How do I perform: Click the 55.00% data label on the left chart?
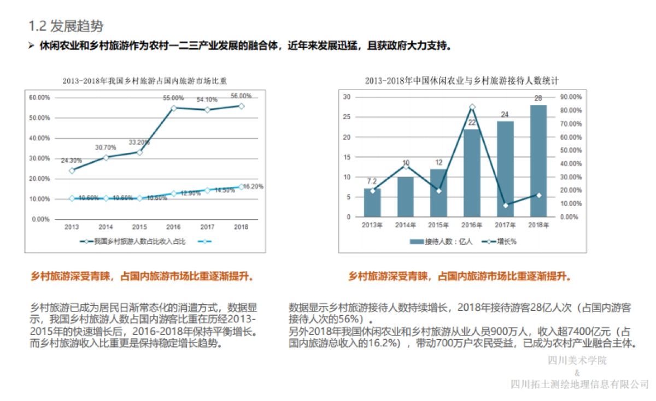tap(173, 98)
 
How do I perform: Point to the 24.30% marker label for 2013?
tap(72, 161)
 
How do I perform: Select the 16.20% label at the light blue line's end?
tap(253, 186)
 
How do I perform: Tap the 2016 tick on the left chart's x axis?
tap(173, 227)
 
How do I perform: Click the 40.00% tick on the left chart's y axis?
tap(39, 138)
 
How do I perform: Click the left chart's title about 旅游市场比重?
tap(145, 81)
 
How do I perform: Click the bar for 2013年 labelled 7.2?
tap(372, 203)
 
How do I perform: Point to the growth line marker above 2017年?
tap(505, 205)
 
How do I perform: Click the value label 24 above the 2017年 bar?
tap(505, 115)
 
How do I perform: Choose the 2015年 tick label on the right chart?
tap(438, 225)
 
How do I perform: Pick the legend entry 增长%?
tap(500, 241)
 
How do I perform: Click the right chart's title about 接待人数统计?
tap(461, 81)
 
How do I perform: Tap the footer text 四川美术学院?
tap(577, 361)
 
